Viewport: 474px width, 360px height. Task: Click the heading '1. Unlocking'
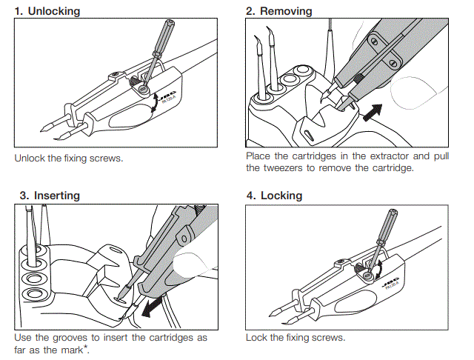pyautogui.click(x=48, y=11)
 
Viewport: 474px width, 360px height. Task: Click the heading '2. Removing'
pyautogui.click(x=279, y=11)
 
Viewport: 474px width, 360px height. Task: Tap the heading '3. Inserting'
pyautogui.click(x=50, y=196)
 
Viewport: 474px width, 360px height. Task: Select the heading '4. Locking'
pyautogui.click(x=274, y=196)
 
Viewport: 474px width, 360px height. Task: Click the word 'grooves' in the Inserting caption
pyautogui.click(x=73, y=338)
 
